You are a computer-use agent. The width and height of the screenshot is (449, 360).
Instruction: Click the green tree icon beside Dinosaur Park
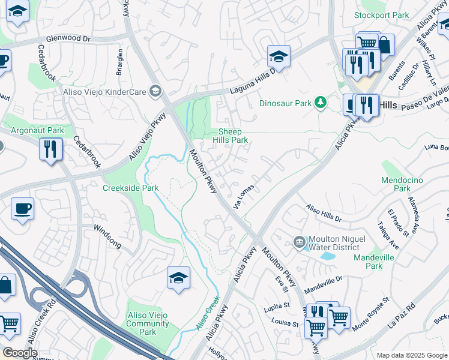click(321, 103)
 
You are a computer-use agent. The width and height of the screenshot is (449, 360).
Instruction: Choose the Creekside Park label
click(130, 188)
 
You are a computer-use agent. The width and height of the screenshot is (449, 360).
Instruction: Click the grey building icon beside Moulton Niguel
click(300, 242)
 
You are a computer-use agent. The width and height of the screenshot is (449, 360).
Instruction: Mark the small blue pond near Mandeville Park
click(328, 256)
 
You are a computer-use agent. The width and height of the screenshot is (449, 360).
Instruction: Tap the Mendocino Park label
click(402, 184)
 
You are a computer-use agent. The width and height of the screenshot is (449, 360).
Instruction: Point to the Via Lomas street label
click(243, 196)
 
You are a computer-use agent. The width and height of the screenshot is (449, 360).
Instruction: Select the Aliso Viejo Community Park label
click(147, 324)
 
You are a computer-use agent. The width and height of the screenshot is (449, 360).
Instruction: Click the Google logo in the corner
click(20, 353)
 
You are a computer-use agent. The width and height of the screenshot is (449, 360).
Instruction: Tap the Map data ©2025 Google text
click(411, 355)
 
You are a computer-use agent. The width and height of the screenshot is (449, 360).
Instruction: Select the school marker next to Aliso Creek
click(178, 278)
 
